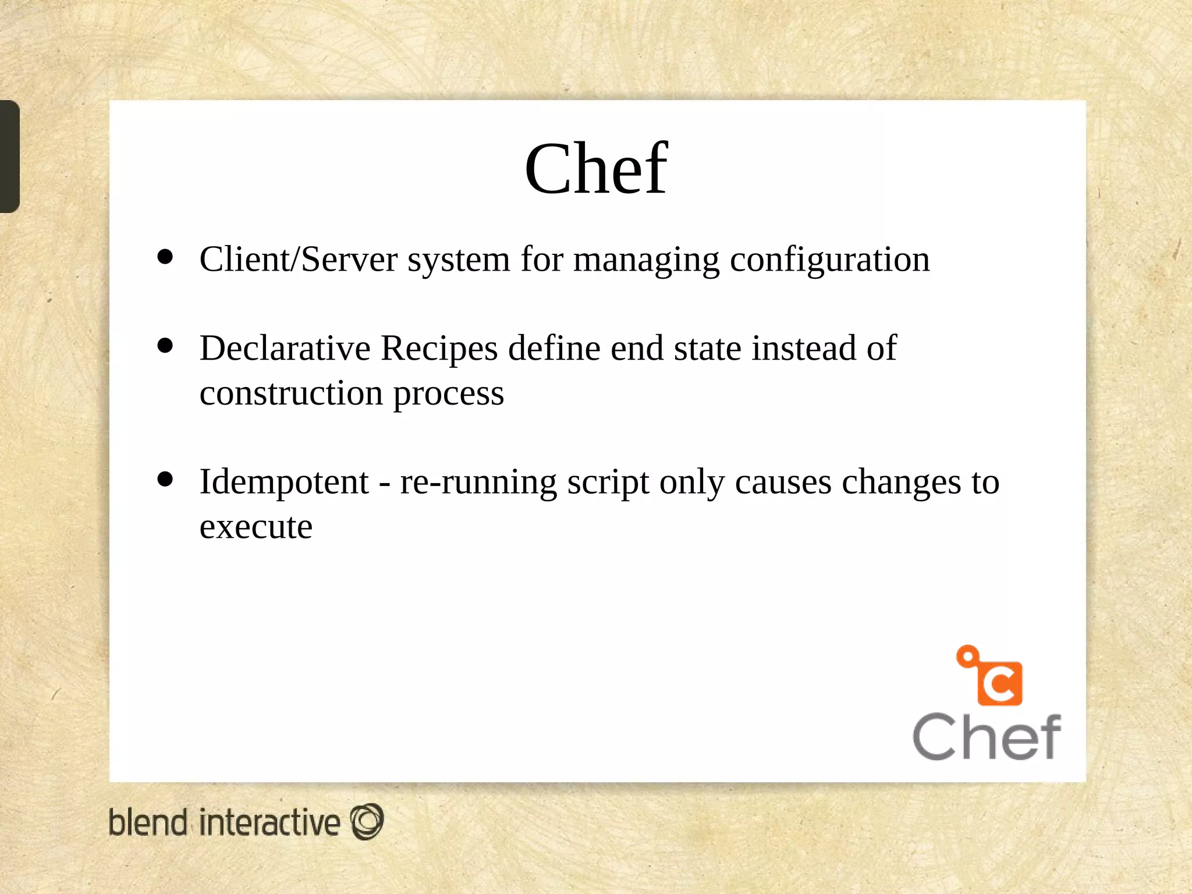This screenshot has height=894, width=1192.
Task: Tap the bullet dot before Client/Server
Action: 165,257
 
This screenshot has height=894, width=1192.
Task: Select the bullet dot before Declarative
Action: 165,346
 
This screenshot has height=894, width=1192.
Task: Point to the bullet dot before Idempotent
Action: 165,479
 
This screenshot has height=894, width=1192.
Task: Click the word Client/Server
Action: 299,259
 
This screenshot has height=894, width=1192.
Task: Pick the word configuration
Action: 830,260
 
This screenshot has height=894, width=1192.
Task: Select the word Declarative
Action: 285,348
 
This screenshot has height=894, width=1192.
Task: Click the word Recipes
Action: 439,349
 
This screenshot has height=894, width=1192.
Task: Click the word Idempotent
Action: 284,482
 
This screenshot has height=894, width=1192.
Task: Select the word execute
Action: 256,527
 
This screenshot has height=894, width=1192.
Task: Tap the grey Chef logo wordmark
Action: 987,737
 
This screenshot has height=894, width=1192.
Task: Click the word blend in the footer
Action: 148,823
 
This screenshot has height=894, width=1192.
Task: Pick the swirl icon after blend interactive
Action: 367,822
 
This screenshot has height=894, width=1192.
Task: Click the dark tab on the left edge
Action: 9,156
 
